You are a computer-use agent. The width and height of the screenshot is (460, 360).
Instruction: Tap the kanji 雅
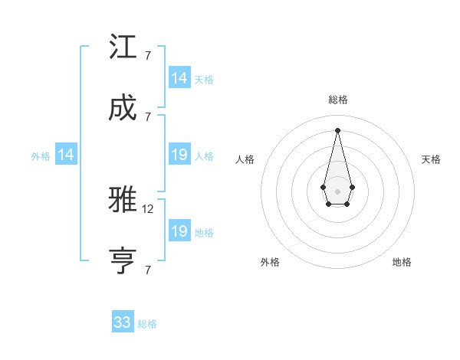(123, 200)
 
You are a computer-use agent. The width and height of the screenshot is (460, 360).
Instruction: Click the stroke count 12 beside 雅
(149, 208)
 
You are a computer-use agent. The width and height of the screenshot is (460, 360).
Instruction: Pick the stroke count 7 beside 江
(147, 56)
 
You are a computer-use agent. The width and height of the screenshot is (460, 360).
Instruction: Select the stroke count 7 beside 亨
(147, 270)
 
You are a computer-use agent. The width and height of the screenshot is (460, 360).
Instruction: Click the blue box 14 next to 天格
(179, 78)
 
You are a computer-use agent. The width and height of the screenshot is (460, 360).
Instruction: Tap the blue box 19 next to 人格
(179, 155)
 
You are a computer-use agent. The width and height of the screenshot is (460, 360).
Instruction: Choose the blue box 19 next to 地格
(179, 231)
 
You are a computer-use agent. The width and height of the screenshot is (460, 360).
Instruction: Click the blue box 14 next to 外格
(66, 155)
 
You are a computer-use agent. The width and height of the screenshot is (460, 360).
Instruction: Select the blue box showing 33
(123, 322)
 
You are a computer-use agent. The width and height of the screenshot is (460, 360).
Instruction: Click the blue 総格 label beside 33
(147, 324)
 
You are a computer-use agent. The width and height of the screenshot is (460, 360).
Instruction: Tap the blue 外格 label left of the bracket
(41, 156)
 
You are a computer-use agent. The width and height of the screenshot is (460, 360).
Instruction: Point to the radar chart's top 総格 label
(337, 100)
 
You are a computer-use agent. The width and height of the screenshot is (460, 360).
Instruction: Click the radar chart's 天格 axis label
(431, 159)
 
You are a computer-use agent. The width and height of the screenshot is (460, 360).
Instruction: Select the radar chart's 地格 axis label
(402, 262)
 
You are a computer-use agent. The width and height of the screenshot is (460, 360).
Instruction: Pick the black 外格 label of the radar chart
(270, 262)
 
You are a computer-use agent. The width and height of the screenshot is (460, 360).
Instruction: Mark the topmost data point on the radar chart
(337, 129)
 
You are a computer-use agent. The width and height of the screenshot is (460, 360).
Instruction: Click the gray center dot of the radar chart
(337, 190)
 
